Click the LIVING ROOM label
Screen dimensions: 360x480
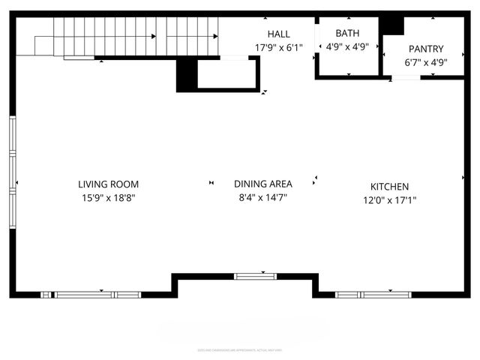(108, 184)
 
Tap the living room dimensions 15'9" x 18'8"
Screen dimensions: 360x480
(108, 198)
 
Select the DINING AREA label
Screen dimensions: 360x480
(262, 183)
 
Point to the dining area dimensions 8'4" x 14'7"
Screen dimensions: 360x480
(262, 197)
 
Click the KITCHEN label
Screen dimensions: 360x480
(389, 187)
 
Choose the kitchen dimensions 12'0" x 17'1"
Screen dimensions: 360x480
(389, 200)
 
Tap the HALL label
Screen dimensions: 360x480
(279, 34)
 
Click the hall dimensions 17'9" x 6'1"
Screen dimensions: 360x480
(279, 47)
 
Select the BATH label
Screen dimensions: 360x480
(347, 33)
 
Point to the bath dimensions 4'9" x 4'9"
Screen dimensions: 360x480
(347, 46)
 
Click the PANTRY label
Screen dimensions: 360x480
(426, 49)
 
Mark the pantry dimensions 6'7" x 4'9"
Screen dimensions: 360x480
(426, 62)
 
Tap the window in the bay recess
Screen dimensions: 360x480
(256, 276)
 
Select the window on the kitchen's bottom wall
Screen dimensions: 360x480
(373, 294)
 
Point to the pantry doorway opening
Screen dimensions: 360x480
(406, 76)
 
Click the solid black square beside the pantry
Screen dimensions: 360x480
(391, 24)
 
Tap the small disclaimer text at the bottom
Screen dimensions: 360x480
(239, 349)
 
